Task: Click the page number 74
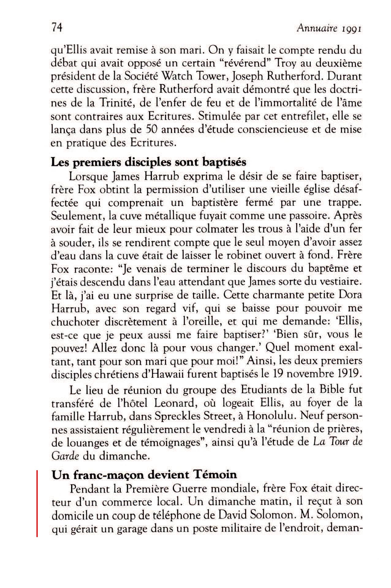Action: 57,28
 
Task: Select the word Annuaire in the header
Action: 317,29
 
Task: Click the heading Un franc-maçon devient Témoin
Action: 144,475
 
